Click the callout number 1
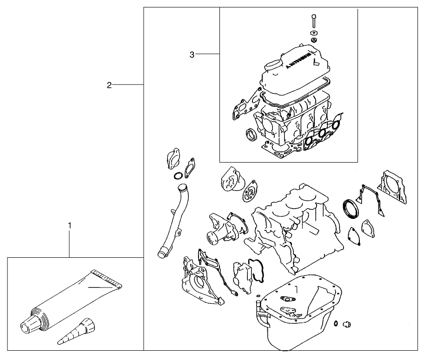70,225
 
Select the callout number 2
109,85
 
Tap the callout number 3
192,55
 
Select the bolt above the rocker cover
314,21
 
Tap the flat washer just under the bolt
314,33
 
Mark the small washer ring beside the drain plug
335,324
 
